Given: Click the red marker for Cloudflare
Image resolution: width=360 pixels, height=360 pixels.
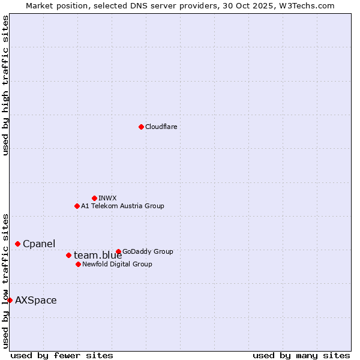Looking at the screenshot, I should tap(141, 127).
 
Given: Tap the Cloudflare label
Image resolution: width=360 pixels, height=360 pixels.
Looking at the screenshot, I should tap(161, 127).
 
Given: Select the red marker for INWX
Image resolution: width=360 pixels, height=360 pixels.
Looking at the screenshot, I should tap(94, 198).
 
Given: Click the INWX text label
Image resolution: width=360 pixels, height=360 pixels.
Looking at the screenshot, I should tap(107, 198).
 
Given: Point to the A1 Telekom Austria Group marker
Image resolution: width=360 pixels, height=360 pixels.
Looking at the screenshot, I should tap(77, 206).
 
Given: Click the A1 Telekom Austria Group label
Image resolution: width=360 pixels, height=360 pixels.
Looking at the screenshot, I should tap(122, 206).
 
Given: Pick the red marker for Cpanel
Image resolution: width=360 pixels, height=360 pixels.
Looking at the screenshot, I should tap(17, 244).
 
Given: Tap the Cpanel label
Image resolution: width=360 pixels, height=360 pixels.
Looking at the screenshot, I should tap(39, 244).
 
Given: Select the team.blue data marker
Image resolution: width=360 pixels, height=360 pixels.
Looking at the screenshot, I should tap(68, 255).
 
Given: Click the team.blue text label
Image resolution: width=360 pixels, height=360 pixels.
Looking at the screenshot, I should tap(98, 256).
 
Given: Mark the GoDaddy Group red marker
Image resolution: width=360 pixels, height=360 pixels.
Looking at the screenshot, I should tap(118, 251).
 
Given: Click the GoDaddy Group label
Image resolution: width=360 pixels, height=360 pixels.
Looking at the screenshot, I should tap(148, 251).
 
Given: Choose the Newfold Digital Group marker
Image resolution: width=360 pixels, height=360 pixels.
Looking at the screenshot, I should tap(78, 264).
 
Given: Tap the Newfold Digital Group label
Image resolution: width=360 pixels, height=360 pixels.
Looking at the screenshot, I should tap(117, 264).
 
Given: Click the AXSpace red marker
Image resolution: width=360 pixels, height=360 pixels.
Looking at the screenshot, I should tap(10, 300).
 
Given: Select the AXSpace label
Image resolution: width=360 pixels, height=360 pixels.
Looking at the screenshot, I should tap(36, 300).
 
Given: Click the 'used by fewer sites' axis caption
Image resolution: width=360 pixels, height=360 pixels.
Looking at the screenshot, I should tap(62, 355).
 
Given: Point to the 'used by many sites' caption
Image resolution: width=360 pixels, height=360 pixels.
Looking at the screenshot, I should tap(301, 355).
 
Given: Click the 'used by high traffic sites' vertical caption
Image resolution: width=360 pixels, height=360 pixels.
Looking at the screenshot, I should tap(5, 85).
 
